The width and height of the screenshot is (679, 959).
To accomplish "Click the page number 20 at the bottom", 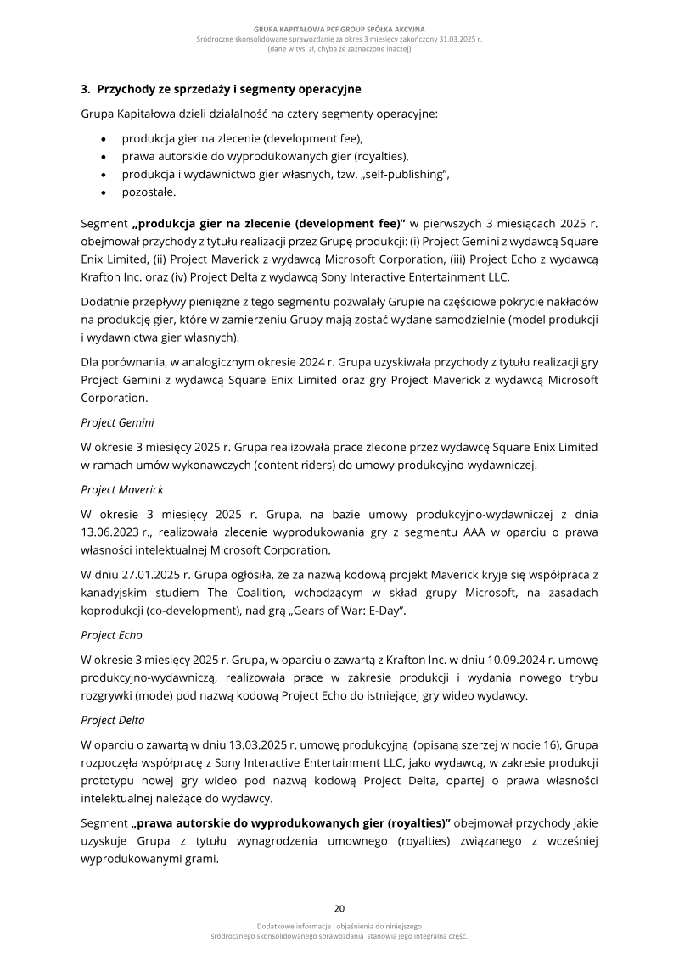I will [x=339, y=907].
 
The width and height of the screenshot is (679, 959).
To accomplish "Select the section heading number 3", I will [x=85, y=88].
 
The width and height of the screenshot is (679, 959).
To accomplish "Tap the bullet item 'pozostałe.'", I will [x=149, y=192].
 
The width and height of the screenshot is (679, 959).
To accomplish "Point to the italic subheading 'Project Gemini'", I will [x=117, y=421].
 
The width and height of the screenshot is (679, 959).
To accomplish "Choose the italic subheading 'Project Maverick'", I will [x=122, y=489].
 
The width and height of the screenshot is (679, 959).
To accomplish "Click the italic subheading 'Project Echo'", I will [x=111, y=634].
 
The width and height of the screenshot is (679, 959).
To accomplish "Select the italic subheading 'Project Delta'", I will [x=113, y=720].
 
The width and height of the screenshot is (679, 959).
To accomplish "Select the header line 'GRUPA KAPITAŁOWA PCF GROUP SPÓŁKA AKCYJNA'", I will [x=339, y=29].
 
